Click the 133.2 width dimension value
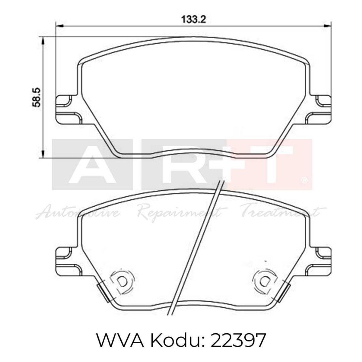tap(193, 20)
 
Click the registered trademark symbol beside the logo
tap(305, 181)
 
